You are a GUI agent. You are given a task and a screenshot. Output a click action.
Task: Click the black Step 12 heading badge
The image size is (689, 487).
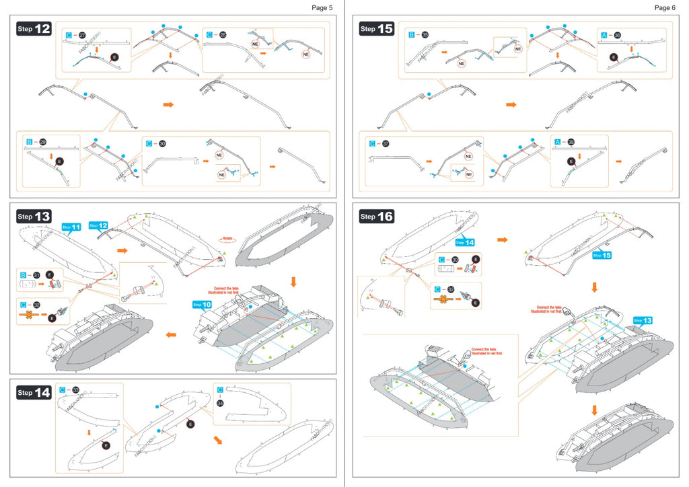point(34,29)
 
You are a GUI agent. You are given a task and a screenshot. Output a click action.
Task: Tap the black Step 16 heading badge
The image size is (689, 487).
point(377,217)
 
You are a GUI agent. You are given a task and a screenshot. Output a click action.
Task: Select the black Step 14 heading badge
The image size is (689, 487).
point(34,392)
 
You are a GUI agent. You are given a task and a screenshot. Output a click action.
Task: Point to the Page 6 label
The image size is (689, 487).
point(664,7)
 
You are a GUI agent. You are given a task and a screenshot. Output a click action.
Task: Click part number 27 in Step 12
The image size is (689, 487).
point(82,34)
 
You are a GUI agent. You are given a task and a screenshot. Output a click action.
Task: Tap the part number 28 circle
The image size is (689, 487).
point(223,34)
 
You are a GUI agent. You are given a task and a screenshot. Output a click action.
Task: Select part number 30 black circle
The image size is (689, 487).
point(162,143)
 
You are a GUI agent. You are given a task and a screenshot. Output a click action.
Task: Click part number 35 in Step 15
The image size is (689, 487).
point(425,34)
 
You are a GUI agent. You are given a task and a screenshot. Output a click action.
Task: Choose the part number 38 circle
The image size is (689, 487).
point(571,142)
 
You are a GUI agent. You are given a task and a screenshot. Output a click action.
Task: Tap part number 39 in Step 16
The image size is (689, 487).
point(455,260)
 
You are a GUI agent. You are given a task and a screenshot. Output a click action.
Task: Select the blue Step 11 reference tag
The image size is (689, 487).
point(71,227)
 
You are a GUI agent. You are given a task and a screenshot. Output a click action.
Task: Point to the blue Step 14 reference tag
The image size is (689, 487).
point(465,242)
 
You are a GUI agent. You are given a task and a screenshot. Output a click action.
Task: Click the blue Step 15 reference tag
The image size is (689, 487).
point(602,256)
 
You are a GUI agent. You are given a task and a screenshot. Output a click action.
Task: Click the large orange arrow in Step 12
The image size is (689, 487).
point(168,104)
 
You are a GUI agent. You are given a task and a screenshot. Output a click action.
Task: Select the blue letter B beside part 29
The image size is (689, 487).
point(29,142)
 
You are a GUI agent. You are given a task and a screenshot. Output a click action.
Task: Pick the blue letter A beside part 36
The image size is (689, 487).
point(604,34)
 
